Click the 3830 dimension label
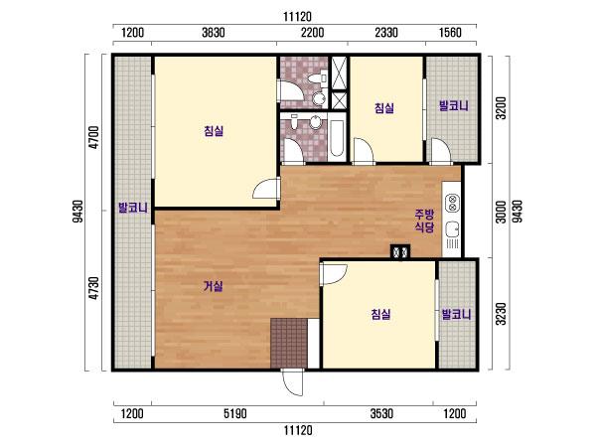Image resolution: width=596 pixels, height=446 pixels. click(214, 33)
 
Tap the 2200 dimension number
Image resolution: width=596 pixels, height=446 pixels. click(313, 33)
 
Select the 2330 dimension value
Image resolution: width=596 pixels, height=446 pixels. click(386, 33)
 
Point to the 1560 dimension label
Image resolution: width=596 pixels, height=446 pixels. click(450, 33)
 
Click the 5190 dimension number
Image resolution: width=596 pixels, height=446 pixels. click(235, 413)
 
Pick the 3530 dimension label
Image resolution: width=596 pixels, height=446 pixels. click(382, 413)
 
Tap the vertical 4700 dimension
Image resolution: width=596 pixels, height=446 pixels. click(93, 137)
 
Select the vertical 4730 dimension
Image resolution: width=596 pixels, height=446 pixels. click(93, 288)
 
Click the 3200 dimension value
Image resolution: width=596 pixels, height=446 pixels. click(502, 108)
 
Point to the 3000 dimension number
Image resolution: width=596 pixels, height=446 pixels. click(502, 212)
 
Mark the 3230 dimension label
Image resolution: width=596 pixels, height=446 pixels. click(502, 314)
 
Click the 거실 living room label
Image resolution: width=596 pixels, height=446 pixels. click(214, 286)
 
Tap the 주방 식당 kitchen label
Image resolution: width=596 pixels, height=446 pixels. click(424, 221)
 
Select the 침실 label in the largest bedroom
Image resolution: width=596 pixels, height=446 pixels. click(214, 131)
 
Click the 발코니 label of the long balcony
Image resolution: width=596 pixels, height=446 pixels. click(133, 208)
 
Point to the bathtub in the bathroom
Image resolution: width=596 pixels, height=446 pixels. click(337, 139)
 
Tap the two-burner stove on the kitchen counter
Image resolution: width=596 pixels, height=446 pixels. click(452, 202)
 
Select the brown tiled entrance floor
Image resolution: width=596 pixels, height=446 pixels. click(289, 344)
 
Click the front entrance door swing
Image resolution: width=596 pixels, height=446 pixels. click(293, 383)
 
